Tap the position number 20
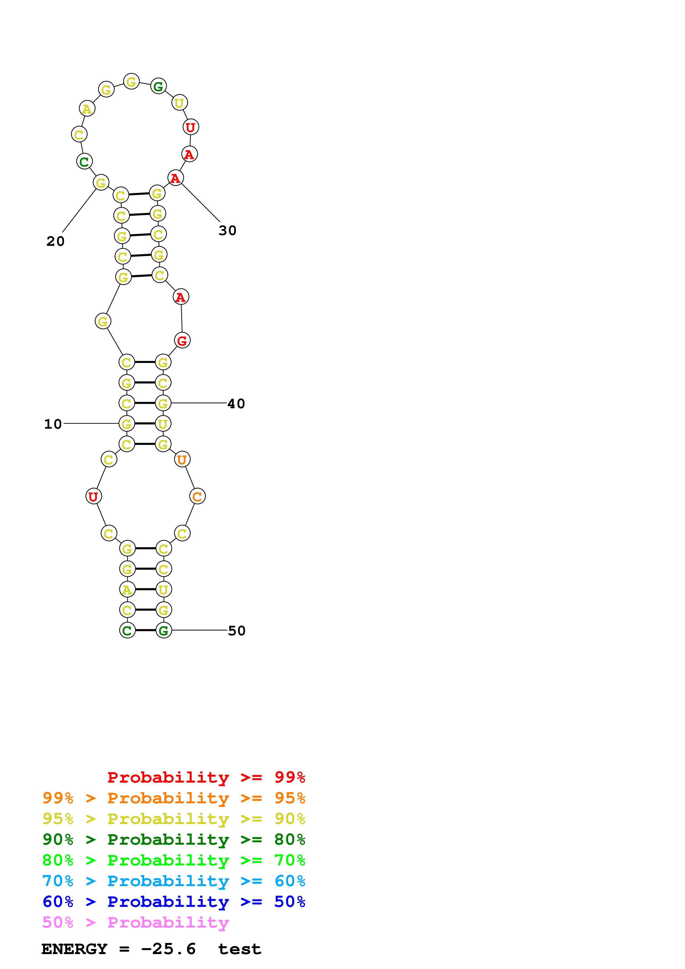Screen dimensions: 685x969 (x=55, y=241)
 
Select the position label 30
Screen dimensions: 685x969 (x=227, y=230)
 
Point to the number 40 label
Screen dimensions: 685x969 (x=236, y=404)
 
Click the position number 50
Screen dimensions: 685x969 (x=236, y=631)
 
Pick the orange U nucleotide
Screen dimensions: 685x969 (x=182, y=460)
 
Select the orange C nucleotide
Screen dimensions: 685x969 (x=197, y=497)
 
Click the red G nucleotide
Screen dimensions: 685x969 (x=182, y=341)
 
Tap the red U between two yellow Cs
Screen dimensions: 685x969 (x=93, y=497)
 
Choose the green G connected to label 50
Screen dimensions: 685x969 (x=164, y=631)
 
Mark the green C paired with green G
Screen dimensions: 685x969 (x=127, y=631)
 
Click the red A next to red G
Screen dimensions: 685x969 (x=181, y=297)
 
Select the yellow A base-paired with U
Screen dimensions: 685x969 (x=127, y=589)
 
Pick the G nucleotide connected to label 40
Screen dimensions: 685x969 (x=163, y=404)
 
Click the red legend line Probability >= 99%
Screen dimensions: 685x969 (x=206, y=777)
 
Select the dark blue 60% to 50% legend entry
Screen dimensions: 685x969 (x=174, y=902)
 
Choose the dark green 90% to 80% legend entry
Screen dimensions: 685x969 (x=174, y=839)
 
